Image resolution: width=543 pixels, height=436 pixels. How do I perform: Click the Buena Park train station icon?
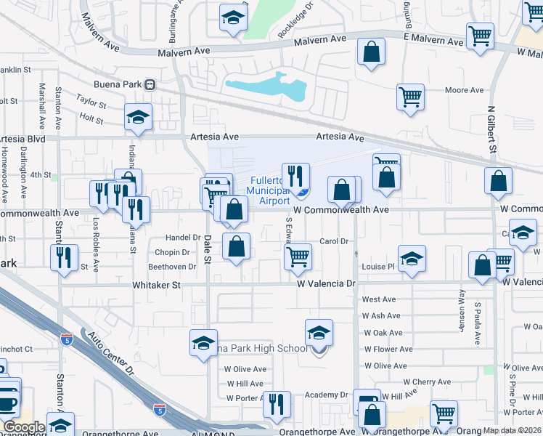point(150,84)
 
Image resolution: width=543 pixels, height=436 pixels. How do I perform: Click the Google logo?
point(24,427)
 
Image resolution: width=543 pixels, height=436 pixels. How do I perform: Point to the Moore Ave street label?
point(464,91)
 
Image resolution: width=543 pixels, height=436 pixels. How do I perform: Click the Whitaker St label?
point(156,286)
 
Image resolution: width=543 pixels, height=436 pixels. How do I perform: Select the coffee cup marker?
point(7,401)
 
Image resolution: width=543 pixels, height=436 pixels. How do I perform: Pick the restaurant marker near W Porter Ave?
point(276,403)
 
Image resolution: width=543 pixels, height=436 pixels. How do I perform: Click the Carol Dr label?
point(335,241)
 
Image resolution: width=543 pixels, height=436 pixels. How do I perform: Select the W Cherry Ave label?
point(427,381)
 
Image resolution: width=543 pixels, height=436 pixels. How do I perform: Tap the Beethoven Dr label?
point(173,267)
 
